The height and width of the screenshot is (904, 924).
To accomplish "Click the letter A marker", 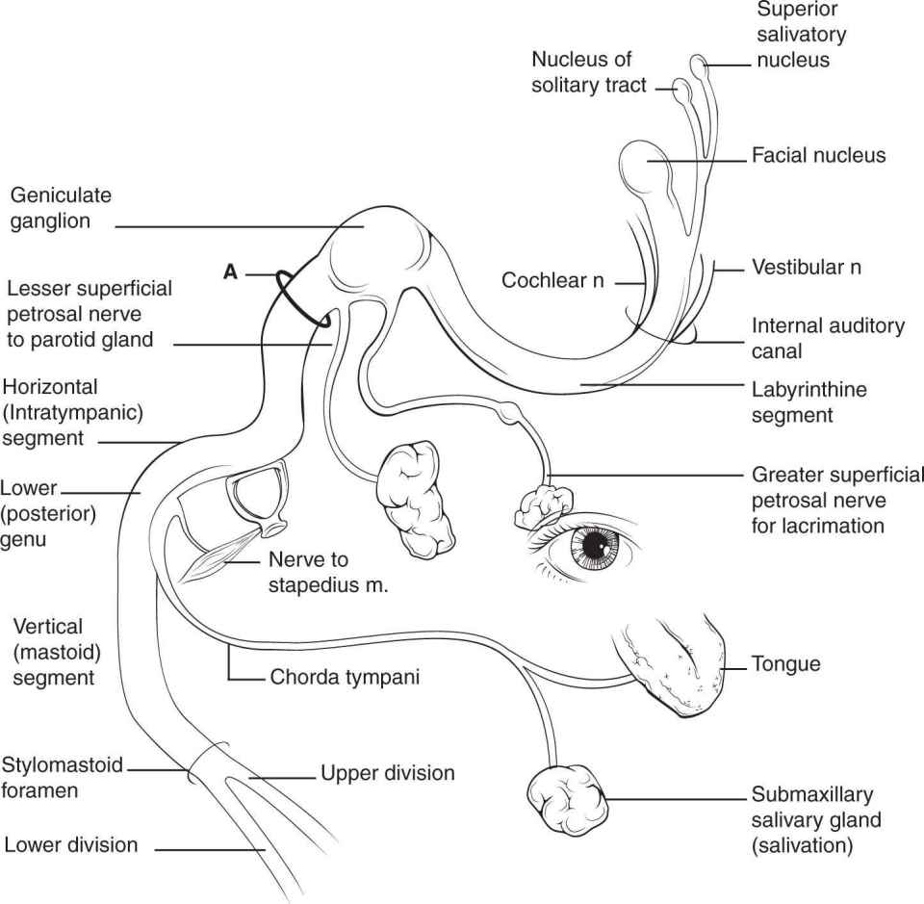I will pyautogui.click(x=230, y=273).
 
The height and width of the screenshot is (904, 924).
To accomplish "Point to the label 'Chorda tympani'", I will pyautogui.click(x=345, y=678).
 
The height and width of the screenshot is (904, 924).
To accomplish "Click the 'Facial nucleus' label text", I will pyautogui.click(x=818, y=155).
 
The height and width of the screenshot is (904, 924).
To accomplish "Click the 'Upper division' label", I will pyautogui.click(x=387, y=773).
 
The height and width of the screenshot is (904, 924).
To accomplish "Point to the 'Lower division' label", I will pyautogui.click(x=71, y=846).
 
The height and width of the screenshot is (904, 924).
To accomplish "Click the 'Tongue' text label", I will pyautogui.click(x=787, y=664).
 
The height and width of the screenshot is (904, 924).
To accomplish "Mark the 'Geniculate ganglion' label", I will pyautogui.click(x=61, y=208).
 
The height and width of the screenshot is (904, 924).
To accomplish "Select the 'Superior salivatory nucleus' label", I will pyautogui.click(x=801, y=36).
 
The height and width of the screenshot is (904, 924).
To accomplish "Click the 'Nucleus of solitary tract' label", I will pyautogui.click(x=581, y=72).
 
